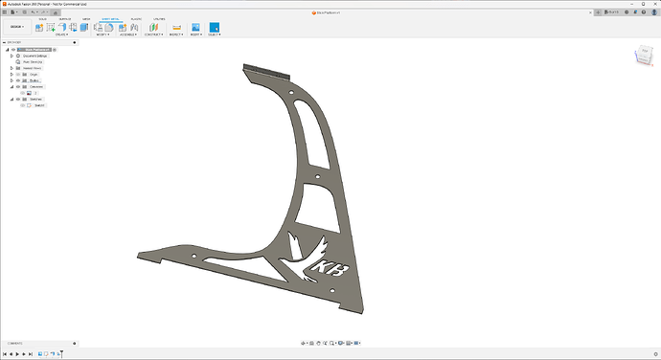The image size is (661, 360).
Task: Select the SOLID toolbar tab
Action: pos(43,18)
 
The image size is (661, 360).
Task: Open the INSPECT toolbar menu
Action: pos(175,35)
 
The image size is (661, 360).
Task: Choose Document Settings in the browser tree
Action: pos(36,56)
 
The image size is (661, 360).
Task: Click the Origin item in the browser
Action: pos(34,74)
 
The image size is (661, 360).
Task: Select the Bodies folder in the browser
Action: pos(34,80)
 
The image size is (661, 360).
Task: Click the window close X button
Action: pos(653,4)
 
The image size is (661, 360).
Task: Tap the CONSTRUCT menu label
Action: pos(154,35)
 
